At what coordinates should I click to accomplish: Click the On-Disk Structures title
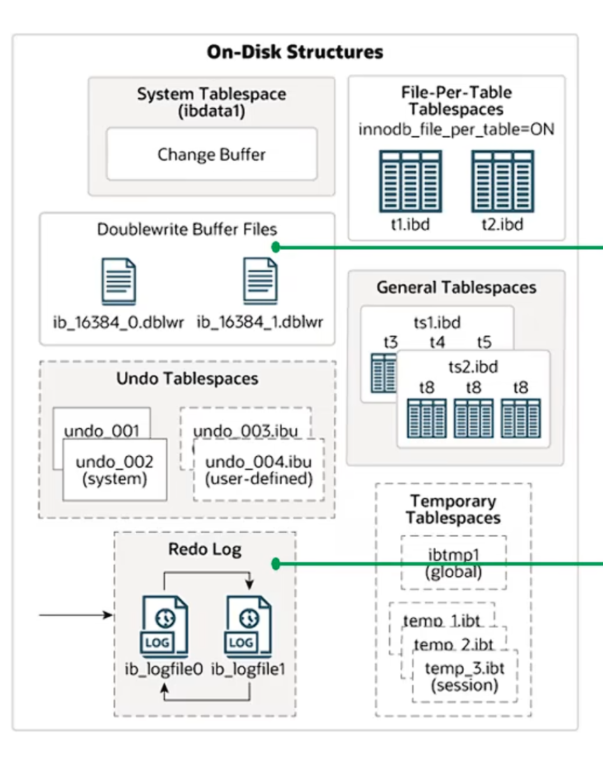click(x=295, y=52)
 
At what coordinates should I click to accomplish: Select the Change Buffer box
click(x=211, y=154)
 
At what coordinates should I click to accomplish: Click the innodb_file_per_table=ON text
click(x=457, y=130)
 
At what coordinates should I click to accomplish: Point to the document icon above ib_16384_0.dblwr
click(x=118, y=281)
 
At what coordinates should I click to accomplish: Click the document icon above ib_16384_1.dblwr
click(x=260, y=281)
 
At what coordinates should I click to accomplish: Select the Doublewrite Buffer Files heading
click(x=187, y=229)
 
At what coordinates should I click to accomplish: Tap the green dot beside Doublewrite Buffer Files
click(x=276, y=246)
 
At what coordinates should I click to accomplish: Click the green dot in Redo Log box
click(x=276, y=563)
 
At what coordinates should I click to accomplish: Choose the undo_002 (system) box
click(x=115, y=470)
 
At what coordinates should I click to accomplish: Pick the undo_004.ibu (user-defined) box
click(x=259, y=470)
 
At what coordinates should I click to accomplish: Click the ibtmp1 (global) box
click(x=454, y=563)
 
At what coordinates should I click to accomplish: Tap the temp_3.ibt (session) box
click(x=464, y=675)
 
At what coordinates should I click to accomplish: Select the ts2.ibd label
click(x=472, y=367)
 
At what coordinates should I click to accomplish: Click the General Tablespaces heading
click(x=456, y=288)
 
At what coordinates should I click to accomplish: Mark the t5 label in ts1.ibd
click(x=484, y=342)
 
